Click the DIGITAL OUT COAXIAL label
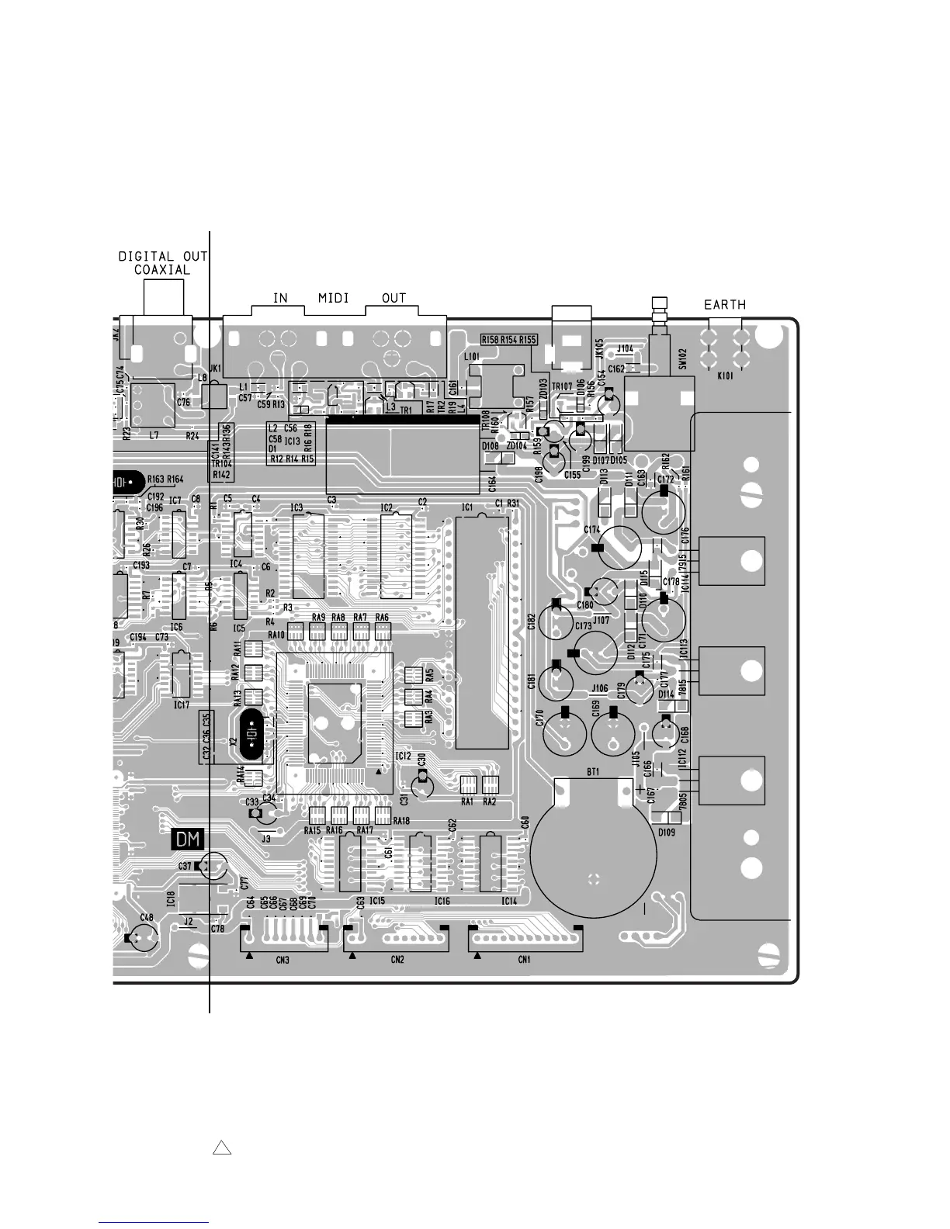pyautogui.click(x=162, y=263)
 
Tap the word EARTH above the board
pyautogui.click(x=724, y=305)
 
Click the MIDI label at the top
pyautogui.click(x=333, y=298)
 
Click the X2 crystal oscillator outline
pyautogui.click(x=250, y=735)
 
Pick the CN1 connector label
pyautogui.click(x=525, y=960)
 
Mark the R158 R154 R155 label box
pyautogui.click(x=509, y=339)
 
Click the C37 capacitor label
pyautogui.click(x=185, y=866)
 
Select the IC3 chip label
pyautogui.click(x=296, y=508)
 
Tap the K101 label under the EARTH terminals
pyautogui.click(x=725, y=375)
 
